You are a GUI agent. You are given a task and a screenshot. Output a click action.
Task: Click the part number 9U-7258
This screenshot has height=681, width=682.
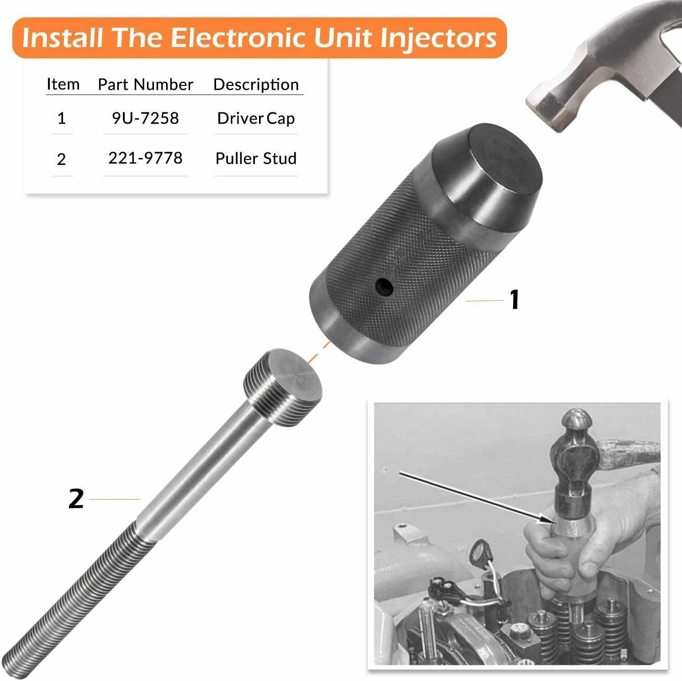point(145,118)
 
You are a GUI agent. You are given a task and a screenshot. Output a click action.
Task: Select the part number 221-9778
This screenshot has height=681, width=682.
point(145,158)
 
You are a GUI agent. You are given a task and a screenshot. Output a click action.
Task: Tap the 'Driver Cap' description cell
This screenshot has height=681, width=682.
point(256,118)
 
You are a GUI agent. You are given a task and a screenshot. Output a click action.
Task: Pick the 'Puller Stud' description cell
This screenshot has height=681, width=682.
point(256,158)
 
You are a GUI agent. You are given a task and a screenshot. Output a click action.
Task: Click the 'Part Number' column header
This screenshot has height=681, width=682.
point(145,84)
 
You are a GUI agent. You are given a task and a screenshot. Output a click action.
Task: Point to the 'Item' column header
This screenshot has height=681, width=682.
point(63,84)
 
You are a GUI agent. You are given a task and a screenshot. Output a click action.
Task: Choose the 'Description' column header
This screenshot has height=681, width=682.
point(256,84)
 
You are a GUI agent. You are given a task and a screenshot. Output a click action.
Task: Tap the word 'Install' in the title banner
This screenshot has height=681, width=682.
point(63,38)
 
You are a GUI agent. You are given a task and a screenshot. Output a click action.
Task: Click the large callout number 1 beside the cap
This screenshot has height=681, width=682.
point(514,300)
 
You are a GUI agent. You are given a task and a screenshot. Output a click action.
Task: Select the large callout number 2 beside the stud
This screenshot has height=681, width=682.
point(76,499)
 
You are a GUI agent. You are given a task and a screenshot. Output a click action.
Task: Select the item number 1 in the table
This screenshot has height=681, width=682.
point(62,119)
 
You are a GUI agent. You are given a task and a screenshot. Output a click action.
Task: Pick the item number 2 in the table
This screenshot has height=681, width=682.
point(62,159)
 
